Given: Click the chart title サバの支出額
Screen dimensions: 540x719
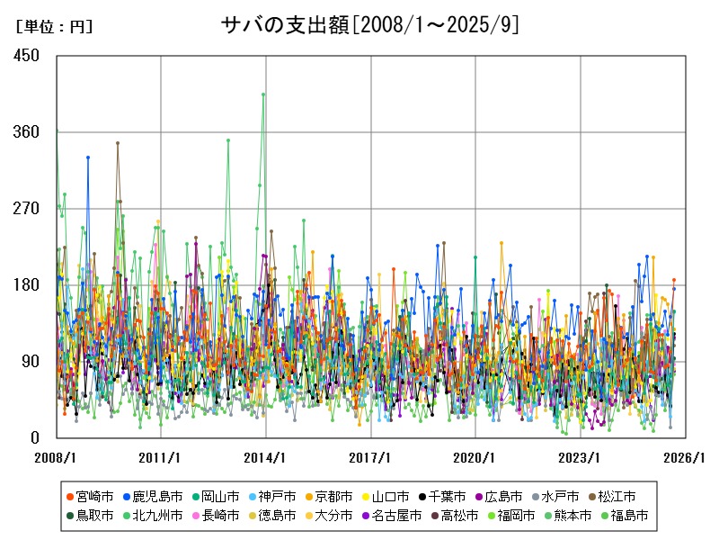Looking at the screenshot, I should tap(369, 25).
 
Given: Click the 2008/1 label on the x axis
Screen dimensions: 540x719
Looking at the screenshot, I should tap(57, 456).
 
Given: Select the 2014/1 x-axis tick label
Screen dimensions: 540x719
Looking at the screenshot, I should tap(267, 456).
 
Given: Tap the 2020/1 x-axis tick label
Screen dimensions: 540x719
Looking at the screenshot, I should tap(476, 456).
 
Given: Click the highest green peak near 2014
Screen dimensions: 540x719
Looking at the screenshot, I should tap(263, 94).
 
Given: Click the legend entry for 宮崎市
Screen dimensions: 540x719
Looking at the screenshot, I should tap(90, 496).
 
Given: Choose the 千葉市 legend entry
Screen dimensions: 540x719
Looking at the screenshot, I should tap(440, 496).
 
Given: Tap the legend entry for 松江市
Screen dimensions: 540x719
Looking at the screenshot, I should tap(617, 496).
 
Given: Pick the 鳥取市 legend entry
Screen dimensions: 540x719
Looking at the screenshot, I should tap(90, 516).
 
